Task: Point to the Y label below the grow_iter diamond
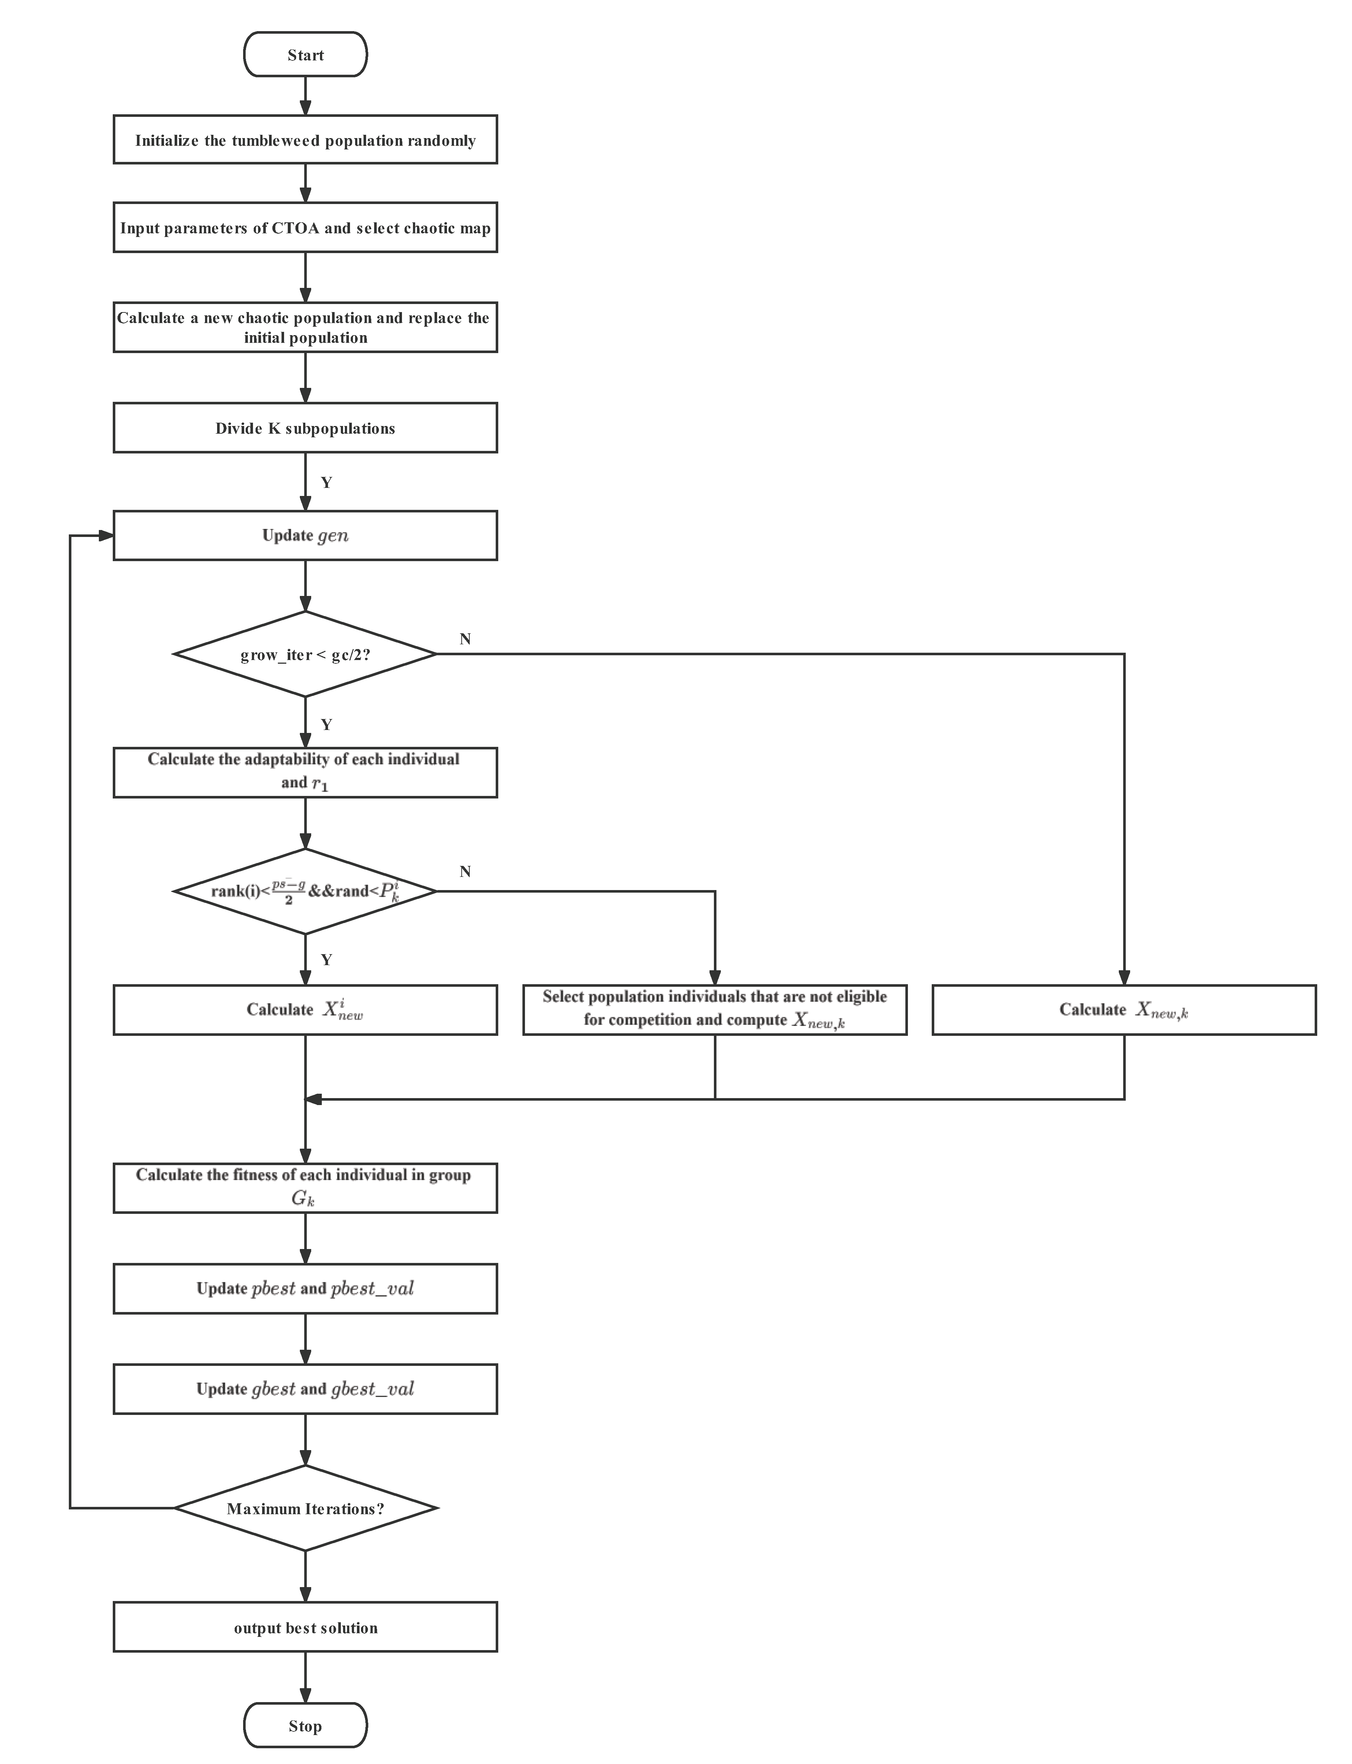click(x=326, y=724)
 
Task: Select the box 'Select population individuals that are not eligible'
click(x=715, y=1009)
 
